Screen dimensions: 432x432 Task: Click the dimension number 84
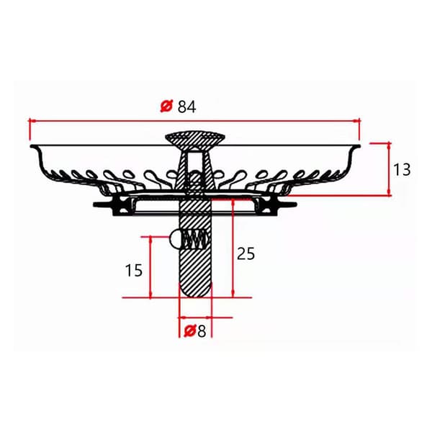[x=186, y=107]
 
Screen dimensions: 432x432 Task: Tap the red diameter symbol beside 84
[x=166, y=106]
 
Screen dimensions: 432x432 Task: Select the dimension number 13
[x=402, y=170]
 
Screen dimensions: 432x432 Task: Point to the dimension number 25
[x=246, y=253]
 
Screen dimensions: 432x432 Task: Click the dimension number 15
[x=134, y=270]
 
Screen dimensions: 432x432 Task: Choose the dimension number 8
[x=202, y=331]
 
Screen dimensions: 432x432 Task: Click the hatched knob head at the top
[x=195, y=141]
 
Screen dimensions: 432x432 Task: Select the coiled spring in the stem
[x=194, y=239]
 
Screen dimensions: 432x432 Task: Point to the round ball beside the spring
[x=175, y=239]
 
